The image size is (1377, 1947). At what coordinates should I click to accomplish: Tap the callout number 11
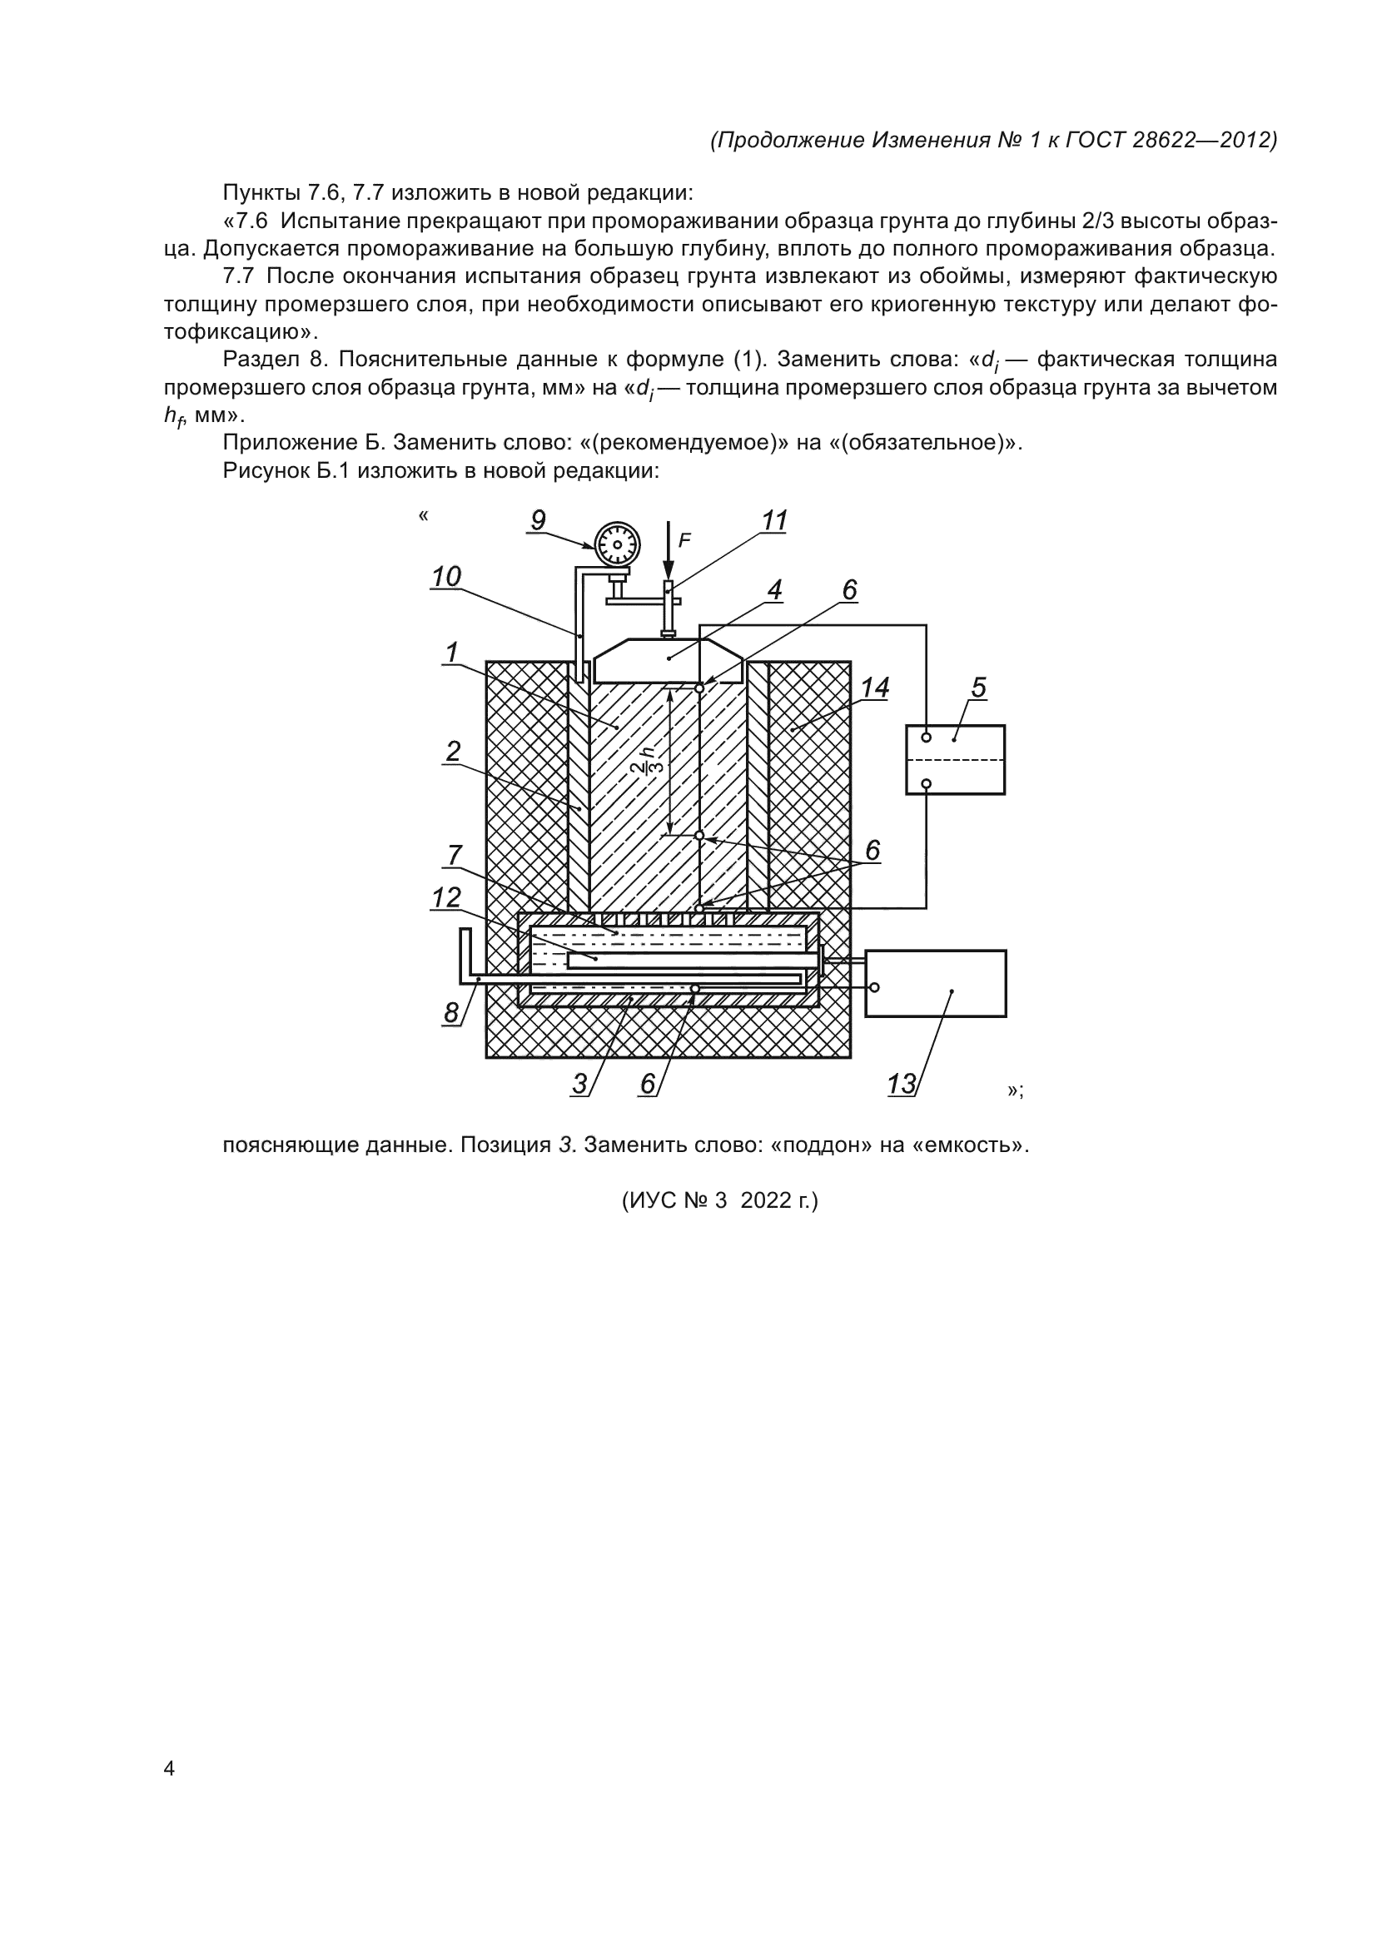click(775, 520)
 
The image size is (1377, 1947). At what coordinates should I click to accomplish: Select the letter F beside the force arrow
click(685, 539)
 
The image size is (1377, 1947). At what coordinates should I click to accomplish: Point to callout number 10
click(446, 577)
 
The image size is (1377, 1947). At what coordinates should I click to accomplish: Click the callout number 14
click(875, 688)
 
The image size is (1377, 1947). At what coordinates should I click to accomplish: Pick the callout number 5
click(979, 687)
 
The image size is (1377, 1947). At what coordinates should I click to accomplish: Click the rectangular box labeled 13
click(935, 983)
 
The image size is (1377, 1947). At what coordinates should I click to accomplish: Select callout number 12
click(446, 897)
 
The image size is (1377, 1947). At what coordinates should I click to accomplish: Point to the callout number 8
click(451, 1011)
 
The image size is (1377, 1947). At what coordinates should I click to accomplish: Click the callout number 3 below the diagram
click(580, 1083)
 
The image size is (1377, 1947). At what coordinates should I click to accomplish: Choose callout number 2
click(454, 752)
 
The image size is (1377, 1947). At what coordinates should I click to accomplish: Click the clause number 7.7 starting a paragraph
click(238, 276)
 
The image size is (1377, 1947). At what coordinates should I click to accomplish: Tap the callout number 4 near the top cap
click(774, 589)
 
